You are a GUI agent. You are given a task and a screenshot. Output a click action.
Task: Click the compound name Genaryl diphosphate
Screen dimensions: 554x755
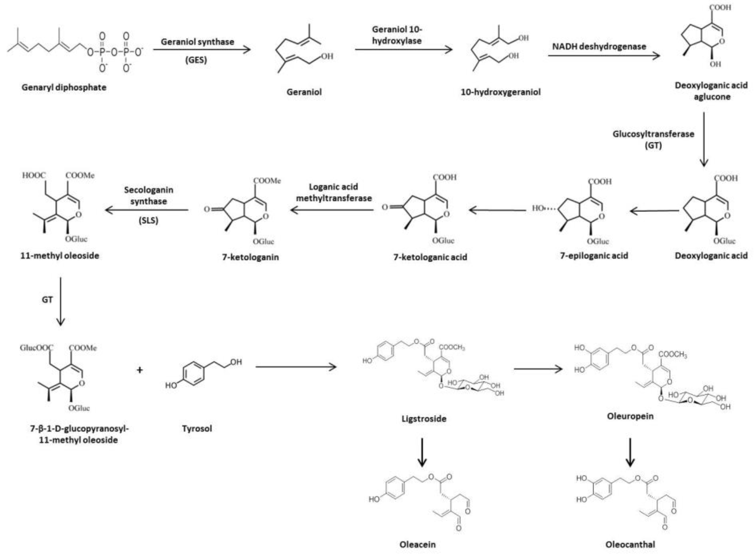(x=64, y=88)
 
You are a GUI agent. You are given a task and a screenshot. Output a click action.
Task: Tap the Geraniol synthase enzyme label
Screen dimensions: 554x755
(x=198, y=42)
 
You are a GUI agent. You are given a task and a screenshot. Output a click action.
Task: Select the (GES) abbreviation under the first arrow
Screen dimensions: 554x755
(x=196, y=60)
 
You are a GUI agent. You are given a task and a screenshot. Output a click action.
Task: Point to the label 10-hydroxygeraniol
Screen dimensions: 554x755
(x=501, y=92)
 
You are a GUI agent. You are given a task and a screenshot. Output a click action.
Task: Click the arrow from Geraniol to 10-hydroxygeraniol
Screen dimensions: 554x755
(x=403, y=50)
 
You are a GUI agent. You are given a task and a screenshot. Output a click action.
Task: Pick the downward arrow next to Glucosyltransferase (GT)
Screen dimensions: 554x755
(x=704, y=139)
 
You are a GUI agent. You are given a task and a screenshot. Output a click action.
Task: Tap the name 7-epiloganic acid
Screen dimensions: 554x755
(x=594, y=255)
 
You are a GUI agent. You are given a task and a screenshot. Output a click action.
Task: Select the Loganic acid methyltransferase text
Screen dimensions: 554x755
(x=334, y=193)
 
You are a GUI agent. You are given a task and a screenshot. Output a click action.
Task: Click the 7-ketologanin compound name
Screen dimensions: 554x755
(x=250, y=257)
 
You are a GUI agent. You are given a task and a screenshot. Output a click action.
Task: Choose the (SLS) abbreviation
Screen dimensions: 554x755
(x=148, y=221)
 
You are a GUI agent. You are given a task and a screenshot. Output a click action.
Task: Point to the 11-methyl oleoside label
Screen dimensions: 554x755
(x=60, y=256)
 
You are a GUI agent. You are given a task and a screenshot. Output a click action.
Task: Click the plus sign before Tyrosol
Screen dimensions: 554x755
(x=140, y=370)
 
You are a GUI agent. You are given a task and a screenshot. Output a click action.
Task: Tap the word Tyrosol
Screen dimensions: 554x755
(x=197, y=429)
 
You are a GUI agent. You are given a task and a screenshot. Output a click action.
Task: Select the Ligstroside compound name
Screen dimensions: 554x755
(x=424, y=419)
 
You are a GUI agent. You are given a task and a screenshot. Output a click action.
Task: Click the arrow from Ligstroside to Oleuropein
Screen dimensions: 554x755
(x=538, y=369)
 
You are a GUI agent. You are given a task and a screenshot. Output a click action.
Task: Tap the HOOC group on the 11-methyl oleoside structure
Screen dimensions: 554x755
(x=34, y=175)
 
